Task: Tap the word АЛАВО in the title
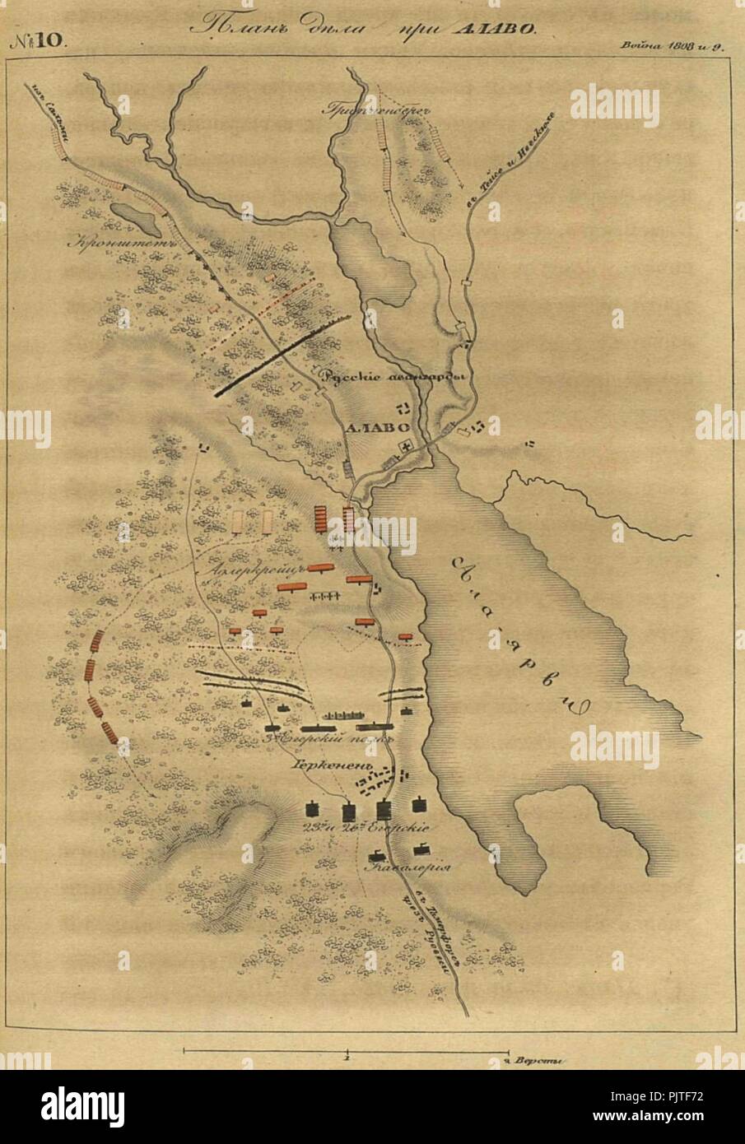point(492,28)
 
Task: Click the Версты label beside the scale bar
point(538,1061)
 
